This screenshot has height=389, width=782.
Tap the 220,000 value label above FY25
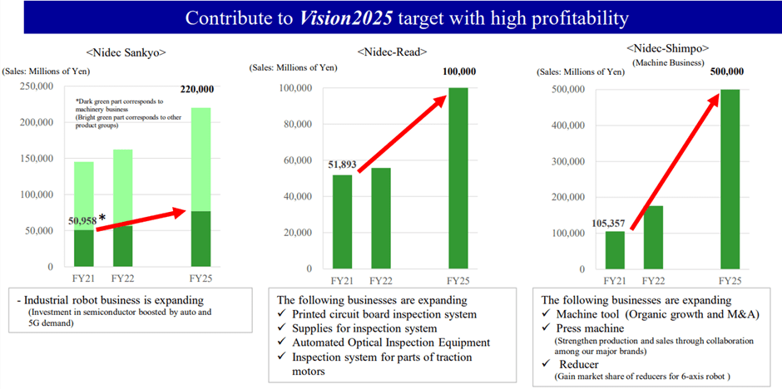tap(196, 90)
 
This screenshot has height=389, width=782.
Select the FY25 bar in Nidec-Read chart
tap(458, 178)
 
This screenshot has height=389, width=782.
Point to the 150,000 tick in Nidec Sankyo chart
tap(36, 159)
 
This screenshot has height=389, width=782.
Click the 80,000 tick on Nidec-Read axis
tap(292, 125)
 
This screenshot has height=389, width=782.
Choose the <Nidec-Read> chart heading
tap(392, 52)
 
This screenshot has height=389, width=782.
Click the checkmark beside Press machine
tap(547, 327)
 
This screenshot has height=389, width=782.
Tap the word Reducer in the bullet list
tap(582, 364)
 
